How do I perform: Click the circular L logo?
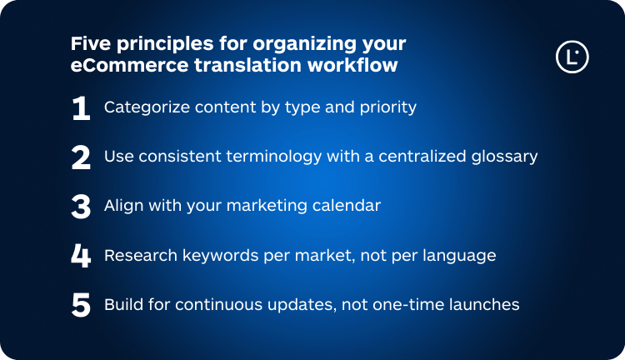pyautogui.click(x=572, y=57)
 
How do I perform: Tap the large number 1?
pyautogui.click(x=81, y=108)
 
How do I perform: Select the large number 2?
pyautogui.click(x=81, y=157)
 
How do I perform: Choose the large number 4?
pyautogui.click(x=81, y=256)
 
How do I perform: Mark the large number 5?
pyautogui.click(x=81, y=305)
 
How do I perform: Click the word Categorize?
pyautogui.click(x=143, y=108)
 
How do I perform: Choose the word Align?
pyautogui.click(x=123, y=206)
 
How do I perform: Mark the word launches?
pyautogui.click(x=485, y=305)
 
